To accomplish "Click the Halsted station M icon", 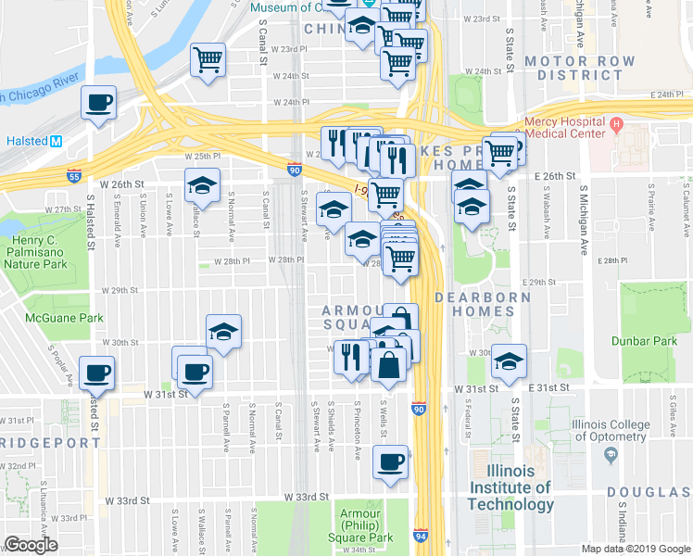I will pos(56,141).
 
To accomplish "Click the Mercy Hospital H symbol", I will pos(614,123).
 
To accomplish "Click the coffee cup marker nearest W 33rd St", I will pos(391,461).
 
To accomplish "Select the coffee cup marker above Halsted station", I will pos(98,102).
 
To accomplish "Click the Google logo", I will pos(31,545).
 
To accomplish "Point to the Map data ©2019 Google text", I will pos(635,549).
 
